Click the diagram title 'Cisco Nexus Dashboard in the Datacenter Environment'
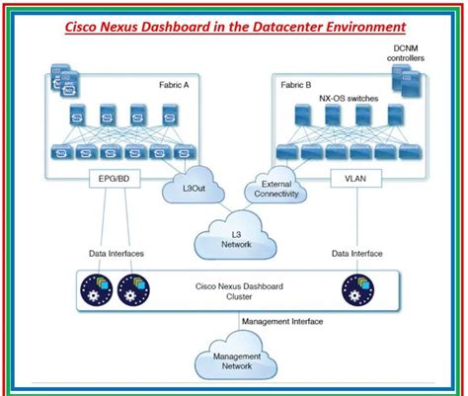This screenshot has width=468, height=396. click(235, 27)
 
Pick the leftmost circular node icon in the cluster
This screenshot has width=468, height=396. click(97, 289)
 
